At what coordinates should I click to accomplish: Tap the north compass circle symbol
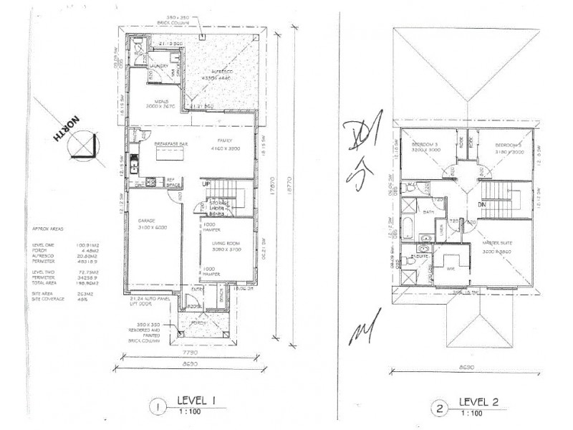pos(85,146)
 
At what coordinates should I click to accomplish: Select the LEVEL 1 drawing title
pos(199,402)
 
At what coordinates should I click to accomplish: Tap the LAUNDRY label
pos(159,66)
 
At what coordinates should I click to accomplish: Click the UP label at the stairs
pos(206,184)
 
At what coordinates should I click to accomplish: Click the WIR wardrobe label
pos(451,270)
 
